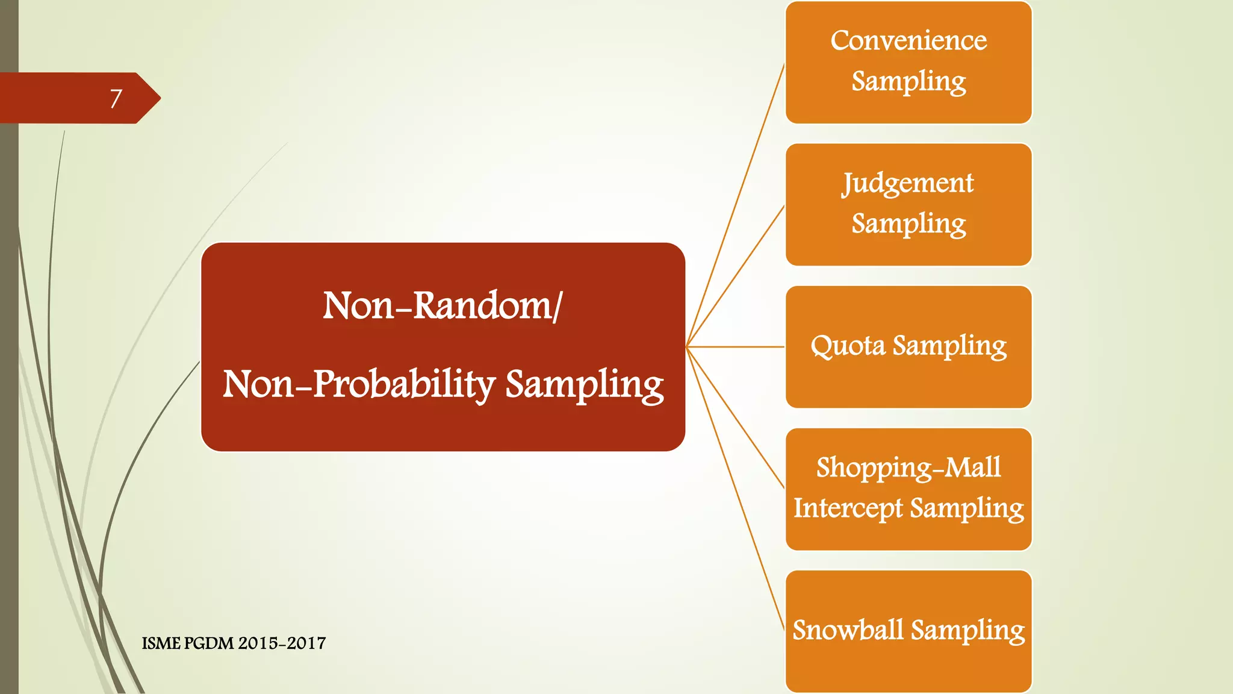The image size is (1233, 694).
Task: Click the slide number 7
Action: [x=116, y=98]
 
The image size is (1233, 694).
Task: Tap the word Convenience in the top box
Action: [x=908, y=41]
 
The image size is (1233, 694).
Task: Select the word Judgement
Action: [x=908, y=184]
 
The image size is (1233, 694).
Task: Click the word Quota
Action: [x=848, y=346]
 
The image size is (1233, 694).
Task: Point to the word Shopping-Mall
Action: [x=908, y=468]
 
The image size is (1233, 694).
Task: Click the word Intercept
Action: [x=848, y=508]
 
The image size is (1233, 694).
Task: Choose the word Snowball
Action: [x=848, y=630]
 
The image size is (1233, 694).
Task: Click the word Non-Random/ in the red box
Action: [x=443, y=305]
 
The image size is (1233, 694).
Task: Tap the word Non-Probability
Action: [x=359, y=384]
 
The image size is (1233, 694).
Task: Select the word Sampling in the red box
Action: [x=584, y=384]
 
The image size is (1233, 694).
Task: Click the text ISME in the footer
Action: [x=161, y=643]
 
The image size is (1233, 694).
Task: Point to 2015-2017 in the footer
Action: [x=282, y=643]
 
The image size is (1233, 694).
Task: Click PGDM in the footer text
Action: [x=208, y=643]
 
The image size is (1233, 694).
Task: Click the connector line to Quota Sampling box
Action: [x=735, y=347]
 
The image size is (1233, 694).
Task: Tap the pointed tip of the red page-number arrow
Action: [x=159, y=98]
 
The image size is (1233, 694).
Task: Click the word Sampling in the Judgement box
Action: [x=908, y=224]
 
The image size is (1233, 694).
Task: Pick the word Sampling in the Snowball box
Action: [x=967, y=630]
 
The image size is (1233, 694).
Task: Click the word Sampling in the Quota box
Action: [x=949, y=346]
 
